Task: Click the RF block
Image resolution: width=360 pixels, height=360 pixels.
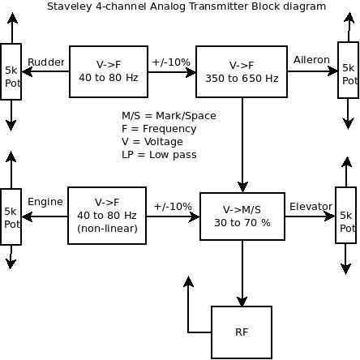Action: coord(242,332)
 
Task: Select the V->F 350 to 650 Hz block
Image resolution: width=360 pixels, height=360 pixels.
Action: coord(242,71)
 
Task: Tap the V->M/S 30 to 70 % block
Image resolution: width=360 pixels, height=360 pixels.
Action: coord(242,216)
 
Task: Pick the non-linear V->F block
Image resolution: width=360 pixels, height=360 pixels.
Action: coord(107,216)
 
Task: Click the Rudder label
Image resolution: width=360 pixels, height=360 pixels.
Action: coord(46,62)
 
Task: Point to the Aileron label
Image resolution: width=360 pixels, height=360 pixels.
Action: coord(311,60)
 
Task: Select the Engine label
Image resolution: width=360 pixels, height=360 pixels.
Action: coord(45,202)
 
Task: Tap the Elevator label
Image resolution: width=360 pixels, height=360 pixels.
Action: coord(311,207)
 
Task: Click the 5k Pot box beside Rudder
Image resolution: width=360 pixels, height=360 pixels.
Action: coord(11,71)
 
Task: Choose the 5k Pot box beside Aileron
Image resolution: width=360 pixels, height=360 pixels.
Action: coord(349,70)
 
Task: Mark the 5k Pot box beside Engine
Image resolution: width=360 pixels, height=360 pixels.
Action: coord(11,216)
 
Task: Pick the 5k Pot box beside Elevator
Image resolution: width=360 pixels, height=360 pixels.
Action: coord(345,215)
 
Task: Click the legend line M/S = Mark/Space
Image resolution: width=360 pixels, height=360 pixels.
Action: coord(169,116)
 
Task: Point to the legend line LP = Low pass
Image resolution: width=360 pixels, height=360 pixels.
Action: coord(159,155)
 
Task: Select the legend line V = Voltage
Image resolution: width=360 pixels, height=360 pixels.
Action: coord(152,142)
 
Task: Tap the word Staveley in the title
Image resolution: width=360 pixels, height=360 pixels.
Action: coord(70,6)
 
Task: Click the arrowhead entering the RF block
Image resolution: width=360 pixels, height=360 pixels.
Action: coord(242,302)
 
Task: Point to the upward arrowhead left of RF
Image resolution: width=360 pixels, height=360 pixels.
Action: coord(188,281)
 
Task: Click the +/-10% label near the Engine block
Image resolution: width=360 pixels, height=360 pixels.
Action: coord(173,207)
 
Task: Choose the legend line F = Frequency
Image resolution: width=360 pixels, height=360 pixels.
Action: coord(159,129)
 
